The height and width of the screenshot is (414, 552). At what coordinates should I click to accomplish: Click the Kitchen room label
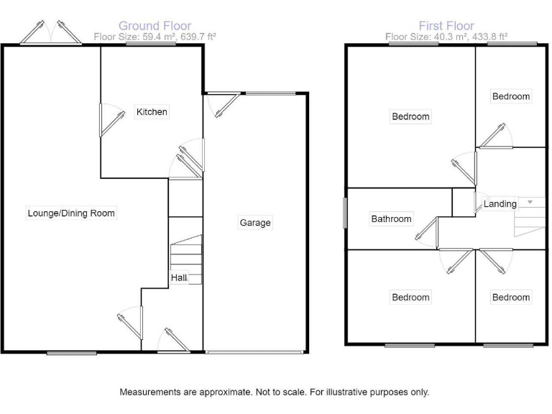coord(152,111)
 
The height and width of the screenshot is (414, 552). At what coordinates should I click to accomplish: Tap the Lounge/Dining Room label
coord(71,213)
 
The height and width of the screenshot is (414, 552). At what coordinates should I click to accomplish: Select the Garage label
coord(255,223)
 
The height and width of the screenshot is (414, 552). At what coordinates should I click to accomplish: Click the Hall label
coord(179,277)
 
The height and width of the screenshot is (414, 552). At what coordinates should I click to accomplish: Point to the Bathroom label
coord(391,219)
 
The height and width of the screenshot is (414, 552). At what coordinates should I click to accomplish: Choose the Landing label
coord(500,204)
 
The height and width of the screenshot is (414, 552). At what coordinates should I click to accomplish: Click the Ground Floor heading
coord(155,27)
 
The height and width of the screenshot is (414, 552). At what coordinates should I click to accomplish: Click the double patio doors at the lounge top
coord(50,33)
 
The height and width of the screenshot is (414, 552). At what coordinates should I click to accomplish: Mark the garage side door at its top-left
coord(224,105)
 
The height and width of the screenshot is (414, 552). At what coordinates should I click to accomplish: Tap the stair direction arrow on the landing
coord(530,202)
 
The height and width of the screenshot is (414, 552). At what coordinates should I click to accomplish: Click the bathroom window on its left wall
coord(344,213)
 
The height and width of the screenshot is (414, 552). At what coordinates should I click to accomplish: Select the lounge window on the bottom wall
coord(72,353)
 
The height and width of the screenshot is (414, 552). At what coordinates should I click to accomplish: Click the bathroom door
coord(428,233)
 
